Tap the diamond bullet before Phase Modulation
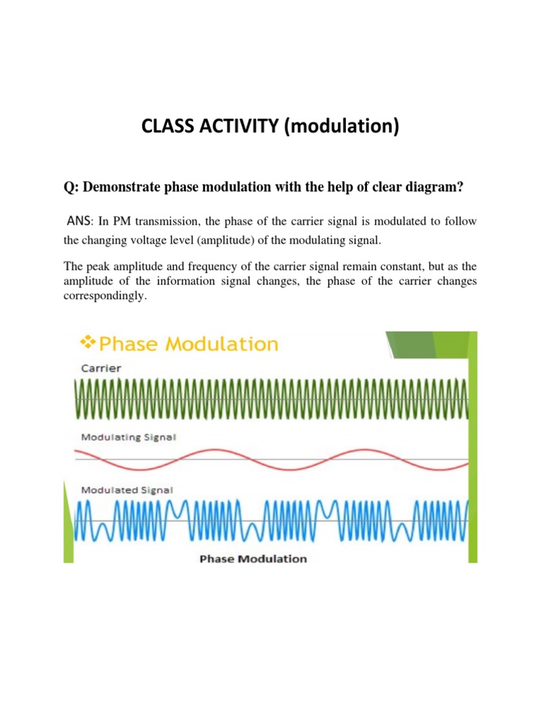(x=88, y=343)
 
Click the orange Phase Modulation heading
(x=188, y=344)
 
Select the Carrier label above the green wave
(x=101, y=368)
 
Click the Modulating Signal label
(x=128, y=437)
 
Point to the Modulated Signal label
(x=127, y=490)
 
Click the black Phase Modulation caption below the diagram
(x=254, y=558)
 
